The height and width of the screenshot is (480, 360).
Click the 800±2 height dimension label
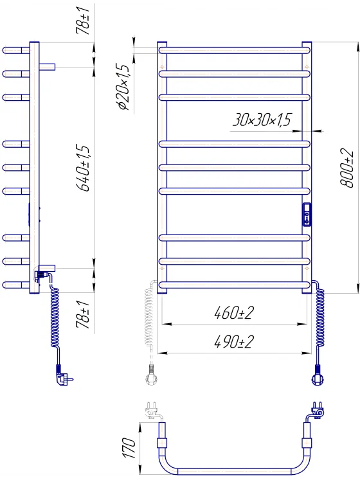[x=347, y=168]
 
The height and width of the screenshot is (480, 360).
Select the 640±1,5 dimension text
[x=84, y=168]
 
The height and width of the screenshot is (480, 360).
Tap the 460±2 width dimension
[x=234, y=313]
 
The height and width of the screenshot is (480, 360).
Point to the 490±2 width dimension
[x=234, y=342]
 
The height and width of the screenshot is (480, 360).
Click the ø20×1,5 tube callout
[x=123, y=87]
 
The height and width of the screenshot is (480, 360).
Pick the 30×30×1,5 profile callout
[x=262, y=120]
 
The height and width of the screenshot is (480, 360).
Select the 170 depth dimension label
[x=129, y=447]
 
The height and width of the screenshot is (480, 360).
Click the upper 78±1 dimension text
[x=83, y=19]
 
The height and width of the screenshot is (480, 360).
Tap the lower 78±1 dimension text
[x=83, y=314]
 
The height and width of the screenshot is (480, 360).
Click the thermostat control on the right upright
[x=307, y=215]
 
